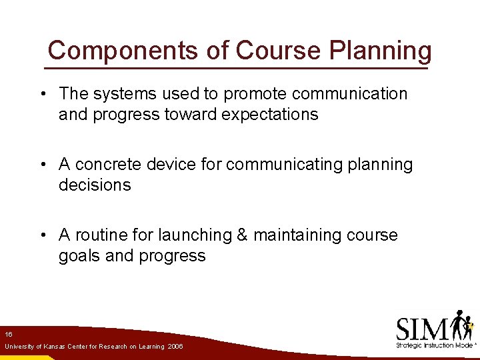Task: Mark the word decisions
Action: tap(95, 185)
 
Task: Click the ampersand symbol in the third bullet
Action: tap(240, 235)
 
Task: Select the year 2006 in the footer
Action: tap(175, 347)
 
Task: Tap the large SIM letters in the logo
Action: tap(423, 328)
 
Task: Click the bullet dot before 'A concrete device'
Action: tap(42, 165)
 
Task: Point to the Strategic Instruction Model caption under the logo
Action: tap(434, 345)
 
